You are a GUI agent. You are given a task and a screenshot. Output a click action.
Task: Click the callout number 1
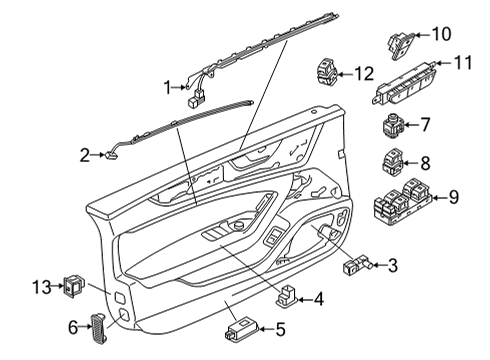click(168, 88)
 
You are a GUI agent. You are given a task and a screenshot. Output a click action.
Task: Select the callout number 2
click(85, 155)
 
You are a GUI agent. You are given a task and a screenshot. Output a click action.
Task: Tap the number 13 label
click(42, 287)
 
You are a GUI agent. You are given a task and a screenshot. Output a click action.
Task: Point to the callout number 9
click(454, 197)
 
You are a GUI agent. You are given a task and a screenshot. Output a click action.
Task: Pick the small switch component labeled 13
click(74, 286)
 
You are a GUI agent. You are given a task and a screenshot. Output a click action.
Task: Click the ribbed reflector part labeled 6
click(99, 328)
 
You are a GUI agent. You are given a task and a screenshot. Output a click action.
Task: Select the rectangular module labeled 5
click(243, 329)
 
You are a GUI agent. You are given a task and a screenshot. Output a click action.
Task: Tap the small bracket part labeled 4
click(286, 295)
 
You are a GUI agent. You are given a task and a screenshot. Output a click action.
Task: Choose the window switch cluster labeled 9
click(403, 200)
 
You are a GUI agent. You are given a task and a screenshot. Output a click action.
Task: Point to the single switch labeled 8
click(393, 162)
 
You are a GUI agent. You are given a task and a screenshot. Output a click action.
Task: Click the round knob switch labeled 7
click(393, 125)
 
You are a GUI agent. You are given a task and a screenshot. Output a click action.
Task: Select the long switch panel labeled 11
click(404, 84)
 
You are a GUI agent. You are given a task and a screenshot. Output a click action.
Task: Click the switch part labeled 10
click(401, 46)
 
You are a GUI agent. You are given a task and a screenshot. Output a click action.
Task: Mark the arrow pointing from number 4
click(305, 300)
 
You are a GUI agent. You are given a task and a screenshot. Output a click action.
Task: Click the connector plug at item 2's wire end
click(111, 155)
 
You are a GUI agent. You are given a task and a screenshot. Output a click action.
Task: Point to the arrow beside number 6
click(85, 327)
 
